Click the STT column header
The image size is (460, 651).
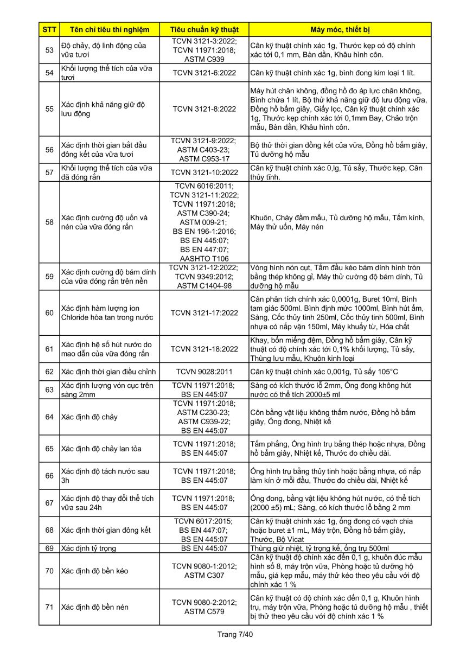[49, 29]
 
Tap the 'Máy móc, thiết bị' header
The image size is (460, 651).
[340, 29]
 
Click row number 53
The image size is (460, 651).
[49, 50]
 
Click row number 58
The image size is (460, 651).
[49, 222]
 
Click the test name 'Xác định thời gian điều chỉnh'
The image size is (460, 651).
[108, 372]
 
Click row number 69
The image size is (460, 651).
[49, 548]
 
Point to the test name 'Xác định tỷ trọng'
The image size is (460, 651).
[88, 548]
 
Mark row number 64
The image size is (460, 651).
[49, 417]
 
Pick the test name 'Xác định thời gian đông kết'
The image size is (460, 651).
[106, 530]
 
